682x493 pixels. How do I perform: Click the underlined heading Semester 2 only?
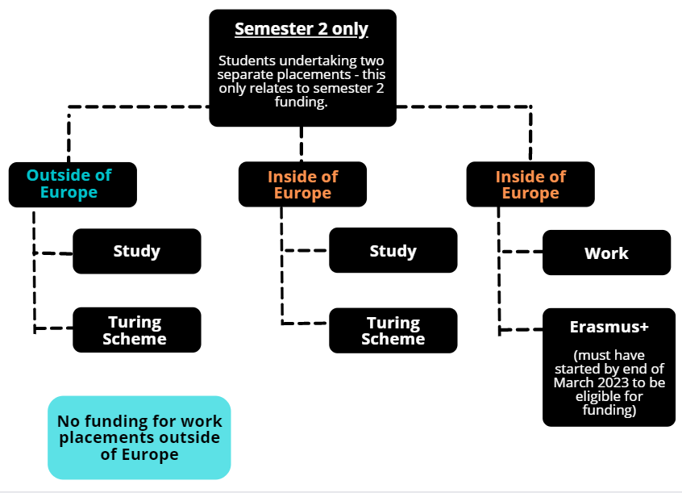[x=301, y=30]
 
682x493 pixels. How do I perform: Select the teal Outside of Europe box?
[x=73, y=184]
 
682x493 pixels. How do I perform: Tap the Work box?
[x=606, y=253]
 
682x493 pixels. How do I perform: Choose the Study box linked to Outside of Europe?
[x=136, y=251]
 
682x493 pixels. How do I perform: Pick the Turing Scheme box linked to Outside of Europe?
[x=136, y=330]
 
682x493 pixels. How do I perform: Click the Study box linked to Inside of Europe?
[x=393, y=250]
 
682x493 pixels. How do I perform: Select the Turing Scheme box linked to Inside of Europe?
[x=393, y=331]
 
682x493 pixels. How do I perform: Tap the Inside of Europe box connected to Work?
[x=530, y=184]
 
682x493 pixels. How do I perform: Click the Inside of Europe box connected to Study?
[x=302, y=184]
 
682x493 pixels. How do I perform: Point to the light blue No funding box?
[x=139, y=437]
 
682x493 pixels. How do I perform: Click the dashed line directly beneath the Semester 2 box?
[x=301, y=144]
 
